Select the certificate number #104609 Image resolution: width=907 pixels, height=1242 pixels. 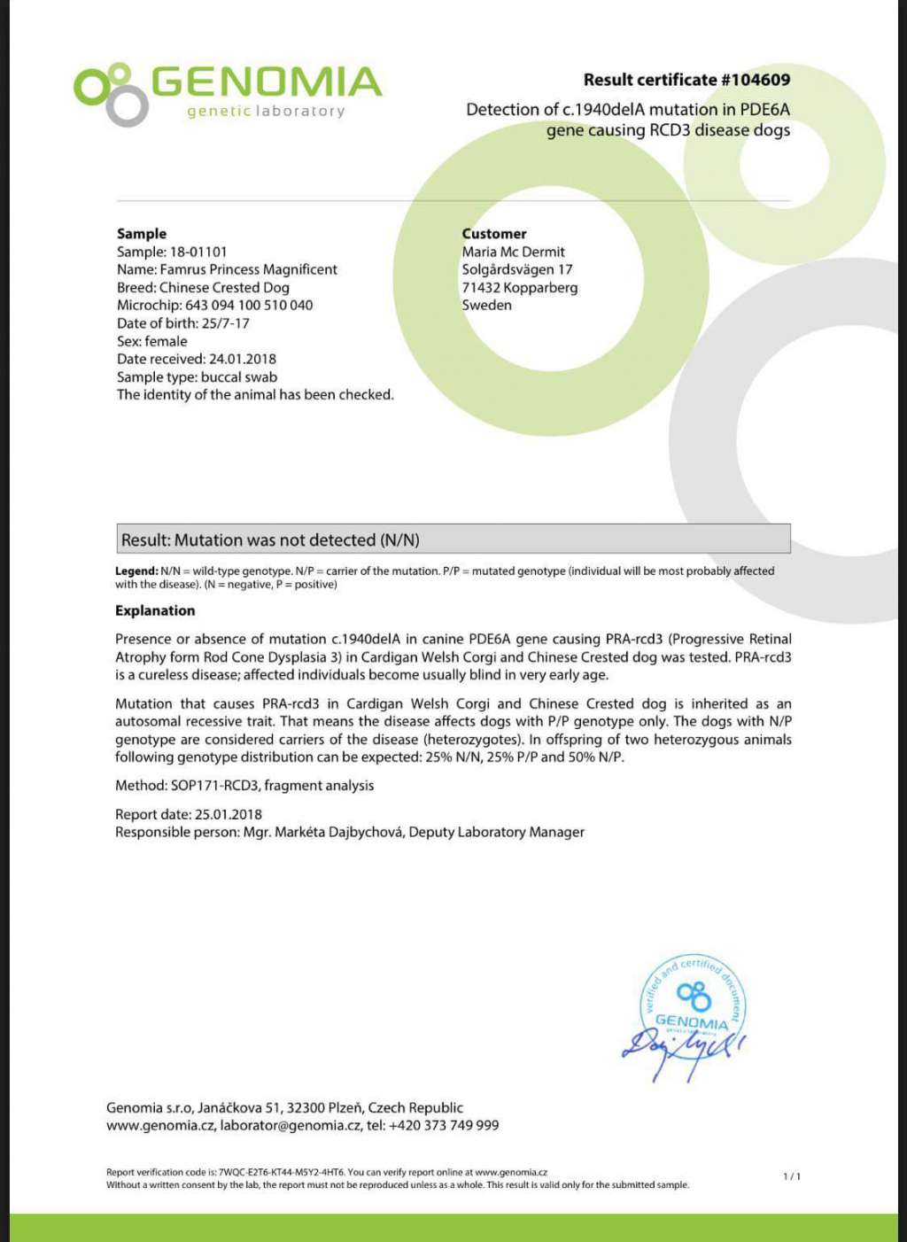pyautogui.click(x=755, y=80)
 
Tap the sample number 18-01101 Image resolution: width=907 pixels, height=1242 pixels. pyautogui.click(x=198, y=252)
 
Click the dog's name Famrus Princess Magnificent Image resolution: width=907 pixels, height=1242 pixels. pyautogui.click(x=248, y=270)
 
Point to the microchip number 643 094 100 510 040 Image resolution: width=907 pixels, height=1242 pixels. pyautogui.click(x=249, y=306)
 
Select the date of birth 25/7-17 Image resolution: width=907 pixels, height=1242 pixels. pyautogui.click(x=225, y=323)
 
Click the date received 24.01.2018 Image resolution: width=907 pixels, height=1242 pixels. pyautogui.click(x=242, y=359)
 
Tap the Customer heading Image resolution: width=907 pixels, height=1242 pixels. pyautogui.click(x=493, y=234)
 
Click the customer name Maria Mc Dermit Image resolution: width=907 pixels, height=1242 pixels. pyautogui.click(x=513, y=252)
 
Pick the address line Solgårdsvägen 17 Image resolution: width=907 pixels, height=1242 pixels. pyautogui.click(x=516, y=270)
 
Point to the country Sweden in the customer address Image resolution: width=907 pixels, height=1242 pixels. pyautogui.click(x=486, y=306)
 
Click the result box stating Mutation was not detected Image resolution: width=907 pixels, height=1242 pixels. pyautogui.click(x=453, y=539)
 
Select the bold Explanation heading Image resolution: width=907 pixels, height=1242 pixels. pyautogui.click(x=155, y=610)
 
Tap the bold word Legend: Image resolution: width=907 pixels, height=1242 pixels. pyautogui.click(x=136, y=571)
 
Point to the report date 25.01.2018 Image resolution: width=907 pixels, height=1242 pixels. pyautogui.click(x=228, y=814)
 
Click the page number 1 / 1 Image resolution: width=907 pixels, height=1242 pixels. pyautogui.click(x=791, y=1176)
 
